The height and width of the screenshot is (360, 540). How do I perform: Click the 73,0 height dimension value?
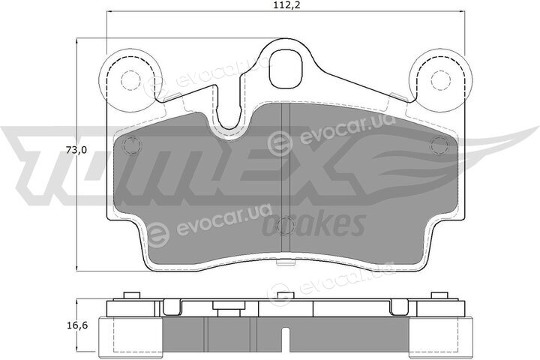click(x=76, y=151)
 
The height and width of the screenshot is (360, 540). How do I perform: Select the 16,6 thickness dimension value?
click(x=76, y=325)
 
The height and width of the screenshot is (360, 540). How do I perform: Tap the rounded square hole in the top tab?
click(x=286, y=69)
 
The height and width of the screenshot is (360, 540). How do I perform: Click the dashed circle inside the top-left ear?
click(x=130, y=79)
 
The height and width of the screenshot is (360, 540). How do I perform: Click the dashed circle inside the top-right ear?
click(x=441, y=79)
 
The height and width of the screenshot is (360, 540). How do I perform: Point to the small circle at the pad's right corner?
click(x=439, y=145)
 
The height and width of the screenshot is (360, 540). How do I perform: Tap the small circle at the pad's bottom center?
click(x=286, y=226)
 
